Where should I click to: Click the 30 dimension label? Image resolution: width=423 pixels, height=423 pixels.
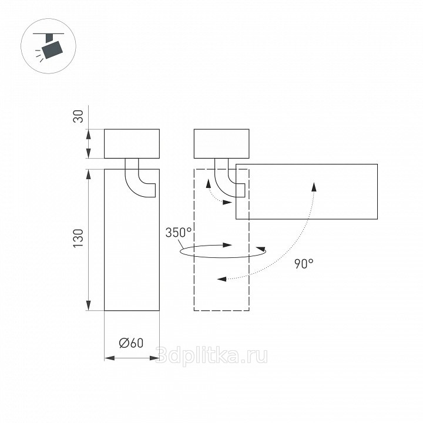click(79, 116)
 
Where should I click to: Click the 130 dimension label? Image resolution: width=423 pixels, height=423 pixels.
click(79, 239)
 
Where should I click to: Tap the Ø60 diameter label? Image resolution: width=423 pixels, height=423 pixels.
click(131, 343)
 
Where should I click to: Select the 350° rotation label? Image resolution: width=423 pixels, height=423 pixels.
click(179, 233)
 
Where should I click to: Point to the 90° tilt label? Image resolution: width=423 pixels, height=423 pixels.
click(304, 264)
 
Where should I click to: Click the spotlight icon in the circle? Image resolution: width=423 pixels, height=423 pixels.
click(49, 46)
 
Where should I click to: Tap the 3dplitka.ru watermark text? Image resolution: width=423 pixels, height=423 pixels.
click(211, 356)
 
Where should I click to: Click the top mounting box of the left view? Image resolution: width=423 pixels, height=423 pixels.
click(132, 144)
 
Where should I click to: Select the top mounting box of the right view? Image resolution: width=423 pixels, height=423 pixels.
click(221, 144)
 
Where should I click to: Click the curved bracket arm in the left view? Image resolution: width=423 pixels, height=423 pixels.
click(132, 186)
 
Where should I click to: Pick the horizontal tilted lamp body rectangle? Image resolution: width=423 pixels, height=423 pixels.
click(307, 192)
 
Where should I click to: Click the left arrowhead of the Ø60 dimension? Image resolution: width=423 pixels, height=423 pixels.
click(109, 358)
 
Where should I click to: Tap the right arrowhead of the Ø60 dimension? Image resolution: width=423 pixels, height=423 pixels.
click(155, 358)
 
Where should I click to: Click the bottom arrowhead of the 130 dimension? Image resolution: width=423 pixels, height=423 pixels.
click(88, 305)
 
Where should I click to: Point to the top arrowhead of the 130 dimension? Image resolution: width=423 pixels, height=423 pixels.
click(88, 174)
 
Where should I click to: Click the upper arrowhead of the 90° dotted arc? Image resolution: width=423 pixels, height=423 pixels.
click(314, 187)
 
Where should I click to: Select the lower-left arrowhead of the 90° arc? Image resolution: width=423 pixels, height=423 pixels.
click(222, 279)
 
